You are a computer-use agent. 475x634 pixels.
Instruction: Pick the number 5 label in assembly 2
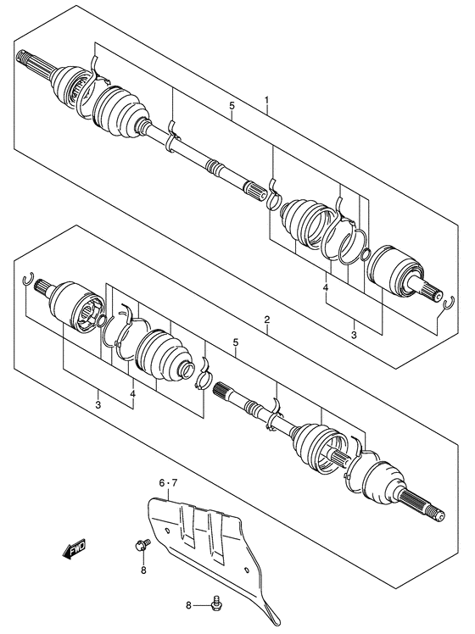click(236, 342)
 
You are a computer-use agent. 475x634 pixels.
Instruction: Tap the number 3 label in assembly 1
click(354, 335)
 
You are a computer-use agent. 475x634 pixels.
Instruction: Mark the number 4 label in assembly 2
click(132, 393)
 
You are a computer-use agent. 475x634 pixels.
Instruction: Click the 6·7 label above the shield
click(168, 483)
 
